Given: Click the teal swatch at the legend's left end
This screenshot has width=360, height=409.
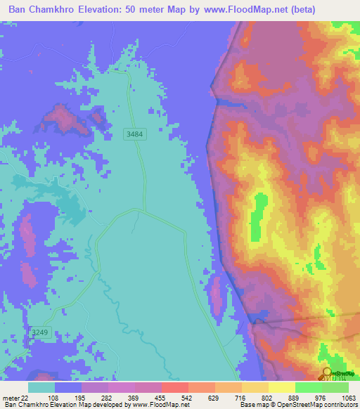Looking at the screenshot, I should coord(41,387).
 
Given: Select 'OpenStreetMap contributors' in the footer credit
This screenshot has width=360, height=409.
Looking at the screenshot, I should coord(323,405).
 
